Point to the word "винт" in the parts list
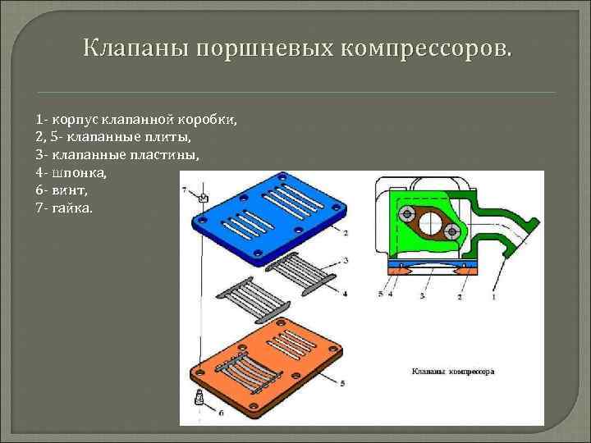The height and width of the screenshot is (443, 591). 72,190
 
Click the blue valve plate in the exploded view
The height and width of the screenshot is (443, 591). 271,221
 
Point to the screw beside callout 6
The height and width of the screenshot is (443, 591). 198,400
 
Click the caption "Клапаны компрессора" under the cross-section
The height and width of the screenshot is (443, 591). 452,370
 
